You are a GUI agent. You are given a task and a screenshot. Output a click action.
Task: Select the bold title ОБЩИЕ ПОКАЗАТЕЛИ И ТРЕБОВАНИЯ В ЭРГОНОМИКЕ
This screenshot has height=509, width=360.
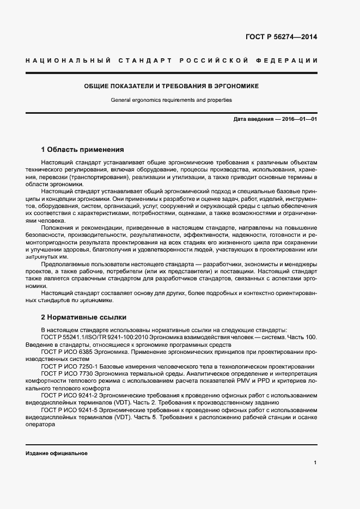point(171,86)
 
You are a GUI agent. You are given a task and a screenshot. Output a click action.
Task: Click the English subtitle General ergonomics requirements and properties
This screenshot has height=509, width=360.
point(171,100)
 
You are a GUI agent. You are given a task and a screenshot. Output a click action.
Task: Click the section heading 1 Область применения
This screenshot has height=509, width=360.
point(83,149)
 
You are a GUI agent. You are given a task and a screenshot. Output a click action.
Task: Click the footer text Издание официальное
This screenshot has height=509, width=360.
point(56,453)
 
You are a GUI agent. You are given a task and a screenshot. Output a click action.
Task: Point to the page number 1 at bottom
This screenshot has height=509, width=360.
point(315,463)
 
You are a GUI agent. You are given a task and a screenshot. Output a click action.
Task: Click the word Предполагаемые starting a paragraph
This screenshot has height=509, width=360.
point(64,263)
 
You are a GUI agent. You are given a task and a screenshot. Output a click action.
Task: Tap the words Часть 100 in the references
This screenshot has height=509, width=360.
point(303,338)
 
